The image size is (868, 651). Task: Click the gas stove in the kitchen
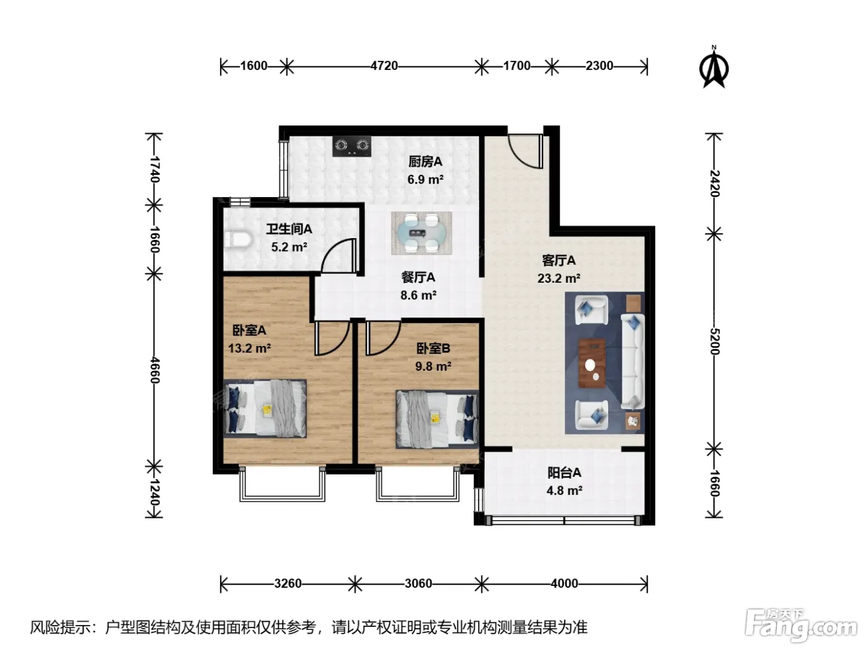352,146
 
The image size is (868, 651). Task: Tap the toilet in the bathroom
239,240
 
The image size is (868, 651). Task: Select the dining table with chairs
422,233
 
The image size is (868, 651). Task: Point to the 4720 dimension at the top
384,66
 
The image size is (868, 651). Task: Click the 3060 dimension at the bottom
418,583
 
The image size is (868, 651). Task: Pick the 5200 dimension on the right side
715,342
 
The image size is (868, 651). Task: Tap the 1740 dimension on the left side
154,169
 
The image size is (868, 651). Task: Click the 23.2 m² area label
559,278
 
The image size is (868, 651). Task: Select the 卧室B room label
433,348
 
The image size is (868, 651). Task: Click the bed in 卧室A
265,409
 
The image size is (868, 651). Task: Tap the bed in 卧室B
437,419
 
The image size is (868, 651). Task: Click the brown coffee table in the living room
592,363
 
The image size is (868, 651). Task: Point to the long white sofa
633,361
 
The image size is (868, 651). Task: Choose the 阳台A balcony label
564,472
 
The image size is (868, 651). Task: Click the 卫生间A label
289,229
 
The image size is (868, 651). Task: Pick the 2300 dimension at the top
600,66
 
